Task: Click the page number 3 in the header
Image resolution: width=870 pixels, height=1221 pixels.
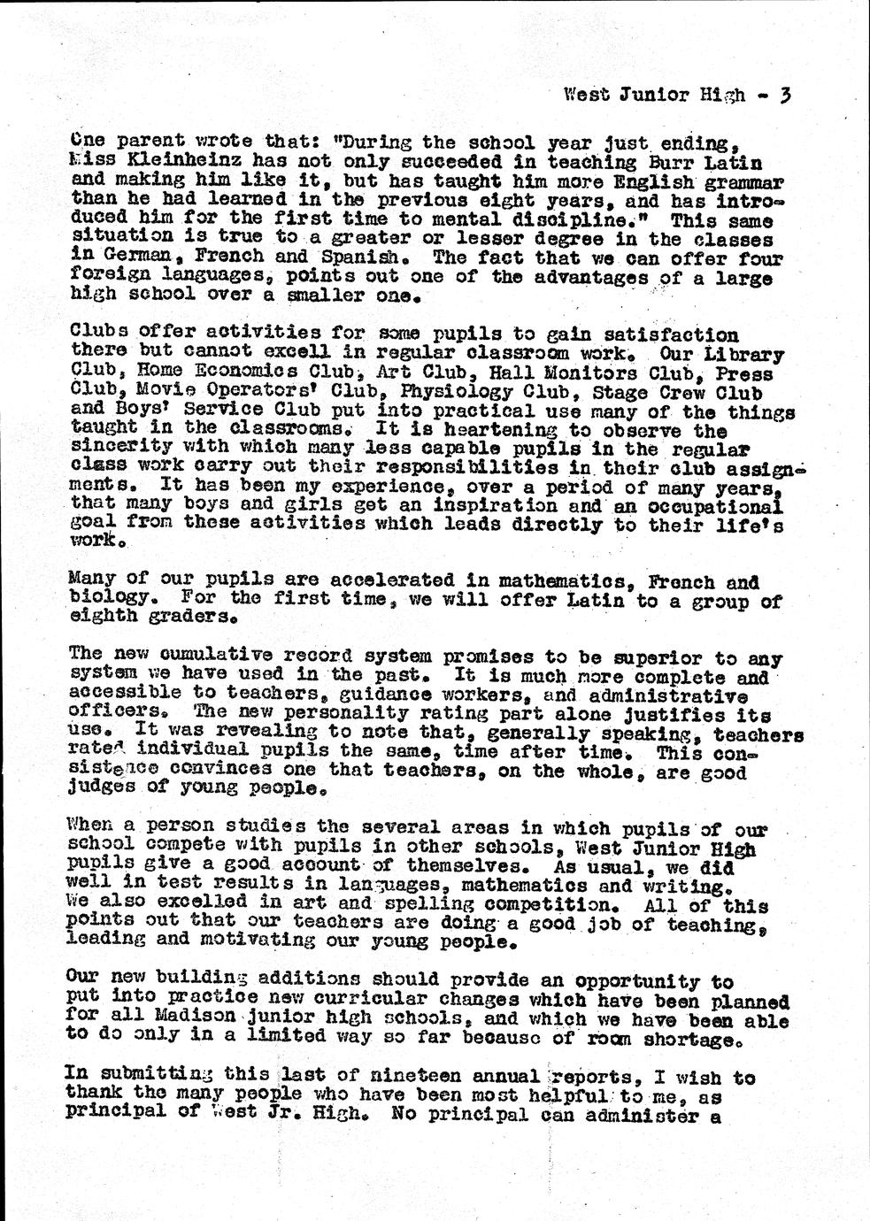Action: click(x=784, y=94)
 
